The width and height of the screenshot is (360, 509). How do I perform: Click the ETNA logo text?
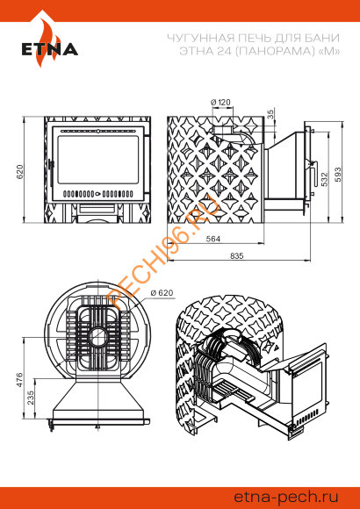[50, 49]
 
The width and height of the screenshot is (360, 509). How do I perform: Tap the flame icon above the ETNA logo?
[49, 39]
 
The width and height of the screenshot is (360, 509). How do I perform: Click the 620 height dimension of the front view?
[20, 172]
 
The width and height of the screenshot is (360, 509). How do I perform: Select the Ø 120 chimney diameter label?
[220, 103]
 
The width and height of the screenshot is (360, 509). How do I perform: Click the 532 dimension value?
[324, 178]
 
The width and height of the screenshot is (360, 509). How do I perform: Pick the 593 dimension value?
[338, 175]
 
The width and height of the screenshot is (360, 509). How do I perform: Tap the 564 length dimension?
[213, 239]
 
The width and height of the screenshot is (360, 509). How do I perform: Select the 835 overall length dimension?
[237, 255]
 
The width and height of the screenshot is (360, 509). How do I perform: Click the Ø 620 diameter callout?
[162, 292]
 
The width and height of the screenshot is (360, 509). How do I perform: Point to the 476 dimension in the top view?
[19, 380]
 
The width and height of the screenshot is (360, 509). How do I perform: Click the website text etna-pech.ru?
[286, 498]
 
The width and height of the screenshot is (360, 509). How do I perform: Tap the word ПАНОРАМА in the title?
[271, 51]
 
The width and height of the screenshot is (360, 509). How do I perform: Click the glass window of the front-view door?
[98, 161]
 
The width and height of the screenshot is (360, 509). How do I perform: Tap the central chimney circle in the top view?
[97, 338]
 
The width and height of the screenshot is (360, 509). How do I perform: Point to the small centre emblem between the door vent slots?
[97, 195]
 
